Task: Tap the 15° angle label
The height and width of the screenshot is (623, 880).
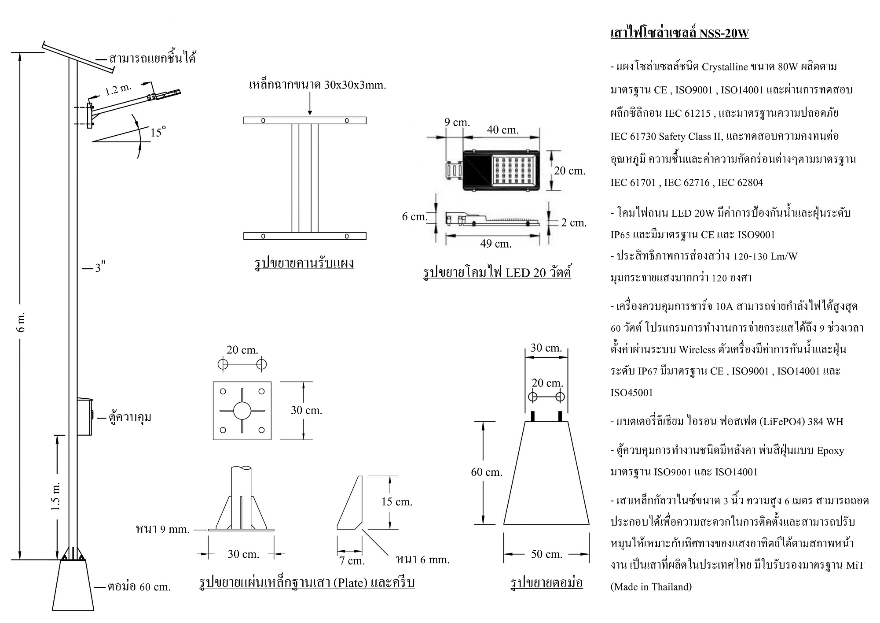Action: tap(158, 132)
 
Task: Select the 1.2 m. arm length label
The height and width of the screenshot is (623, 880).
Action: tap(118, 90)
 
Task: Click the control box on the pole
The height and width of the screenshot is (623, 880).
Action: tap(85, 417)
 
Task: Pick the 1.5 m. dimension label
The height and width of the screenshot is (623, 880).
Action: tap(55, 496)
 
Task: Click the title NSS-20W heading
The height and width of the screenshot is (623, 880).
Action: tap(679, 33)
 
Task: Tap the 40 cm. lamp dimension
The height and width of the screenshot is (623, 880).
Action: tap(502, 130)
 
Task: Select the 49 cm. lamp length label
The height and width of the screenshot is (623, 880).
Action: tap(496, 243)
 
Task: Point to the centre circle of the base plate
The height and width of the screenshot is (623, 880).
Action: tap(242, 411)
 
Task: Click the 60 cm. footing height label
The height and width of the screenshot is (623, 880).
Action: tap(486, 472)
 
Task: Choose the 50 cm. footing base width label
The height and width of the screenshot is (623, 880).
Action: tap(546, 554)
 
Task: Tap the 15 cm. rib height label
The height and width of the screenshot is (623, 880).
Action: tap(396, 501)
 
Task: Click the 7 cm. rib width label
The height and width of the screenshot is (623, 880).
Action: tap(352, 560)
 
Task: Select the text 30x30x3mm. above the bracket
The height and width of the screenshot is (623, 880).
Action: tap(355, 85)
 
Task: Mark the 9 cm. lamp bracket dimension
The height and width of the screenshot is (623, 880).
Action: tap(457, 122)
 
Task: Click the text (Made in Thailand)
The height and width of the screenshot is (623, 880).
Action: tap(651, 587)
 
